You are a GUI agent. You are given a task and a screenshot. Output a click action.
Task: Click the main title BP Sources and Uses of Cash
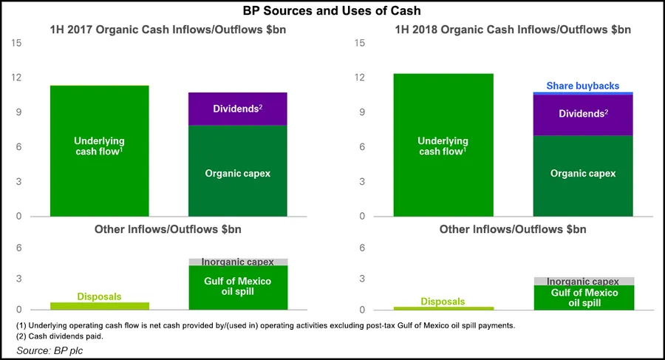tap(332, 12)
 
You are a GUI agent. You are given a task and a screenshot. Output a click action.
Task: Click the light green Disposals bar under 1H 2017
tap(99, 305)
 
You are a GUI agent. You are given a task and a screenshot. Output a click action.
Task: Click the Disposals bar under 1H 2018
tap(443, 308)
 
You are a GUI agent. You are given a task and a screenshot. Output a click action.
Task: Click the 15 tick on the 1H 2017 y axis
tap(18, 43)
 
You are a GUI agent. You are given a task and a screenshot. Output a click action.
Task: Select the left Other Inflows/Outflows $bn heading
tap(168, 229)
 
